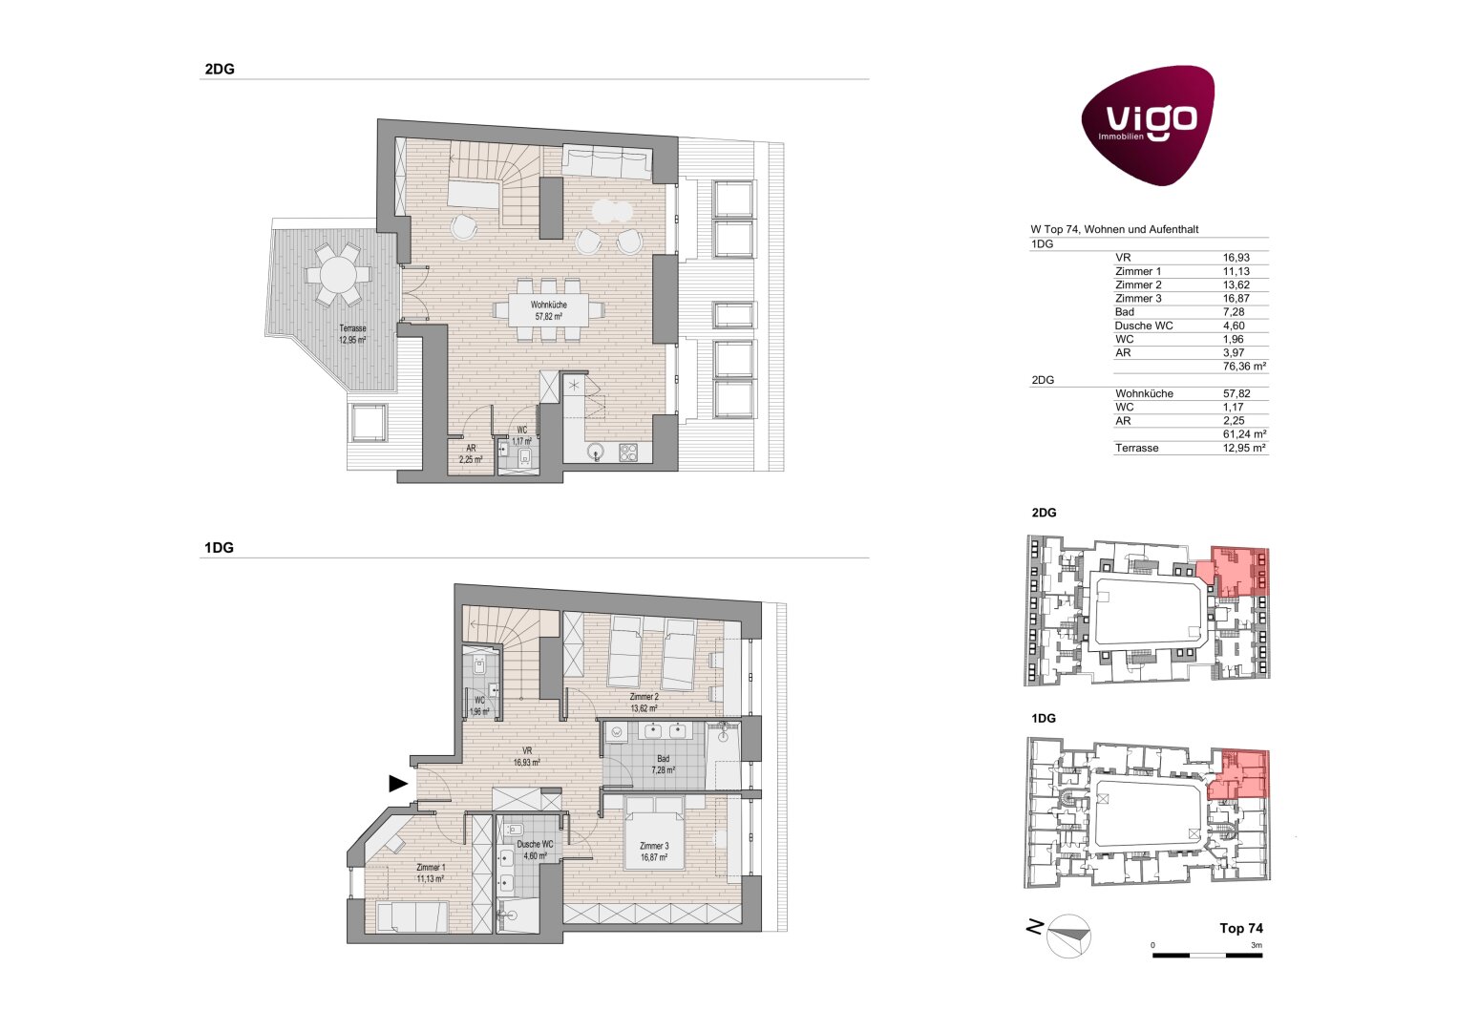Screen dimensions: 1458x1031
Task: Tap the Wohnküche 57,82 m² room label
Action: (x=548, y=310)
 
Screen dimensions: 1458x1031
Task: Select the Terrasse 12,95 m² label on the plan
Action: (x=352, y=334)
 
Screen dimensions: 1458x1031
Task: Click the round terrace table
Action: (x=338, y=275)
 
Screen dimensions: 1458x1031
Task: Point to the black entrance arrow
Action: (x=398, y=784)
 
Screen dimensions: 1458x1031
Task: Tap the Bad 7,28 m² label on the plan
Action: (x=663, y=764)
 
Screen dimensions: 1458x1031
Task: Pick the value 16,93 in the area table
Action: (x=1236, y=258)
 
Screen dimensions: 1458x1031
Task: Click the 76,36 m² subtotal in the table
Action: (x=1244, y=367)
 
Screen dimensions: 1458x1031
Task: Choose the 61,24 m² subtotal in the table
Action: (x=1244, y=434)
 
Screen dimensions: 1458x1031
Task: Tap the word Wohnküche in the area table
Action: (x=1144, y=393)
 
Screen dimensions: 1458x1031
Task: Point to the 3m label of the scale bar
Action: (x=1256, y=945)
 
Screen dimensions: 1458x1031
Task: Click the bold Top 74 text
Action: (x=1240, y=928)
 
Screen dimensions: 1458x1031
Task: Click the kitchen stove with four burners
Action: (x=627, y=452)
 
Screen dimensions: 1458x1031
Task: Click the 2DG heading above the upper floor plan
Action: (x=220, y=69)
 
